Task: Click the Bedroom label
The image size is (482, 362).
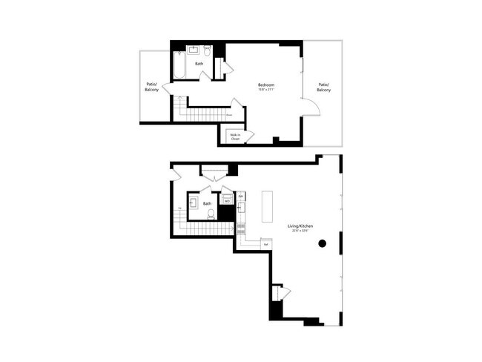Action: click(266, 85)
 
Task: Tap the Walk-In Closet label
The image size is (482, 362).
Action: click(235, 136)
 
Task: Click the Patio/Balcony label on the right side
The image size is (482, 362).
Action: click(324, 87)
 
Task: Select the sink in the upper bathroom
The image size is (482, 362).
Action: click(193, 50)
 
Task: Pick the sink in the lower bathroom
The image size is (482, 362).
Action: click(192, 202)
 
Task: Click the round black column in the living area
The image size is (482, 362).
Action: click(322, 243)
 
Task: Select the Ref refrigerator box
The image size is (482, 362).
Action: click(265, 244)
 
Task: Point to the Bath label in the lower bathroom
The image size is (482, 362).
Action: click(208, 203)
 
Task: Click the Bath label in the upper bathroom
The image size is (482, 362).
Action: click(199, 64)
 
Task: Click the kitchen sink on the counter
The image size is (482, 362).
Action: click(241, 223)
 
